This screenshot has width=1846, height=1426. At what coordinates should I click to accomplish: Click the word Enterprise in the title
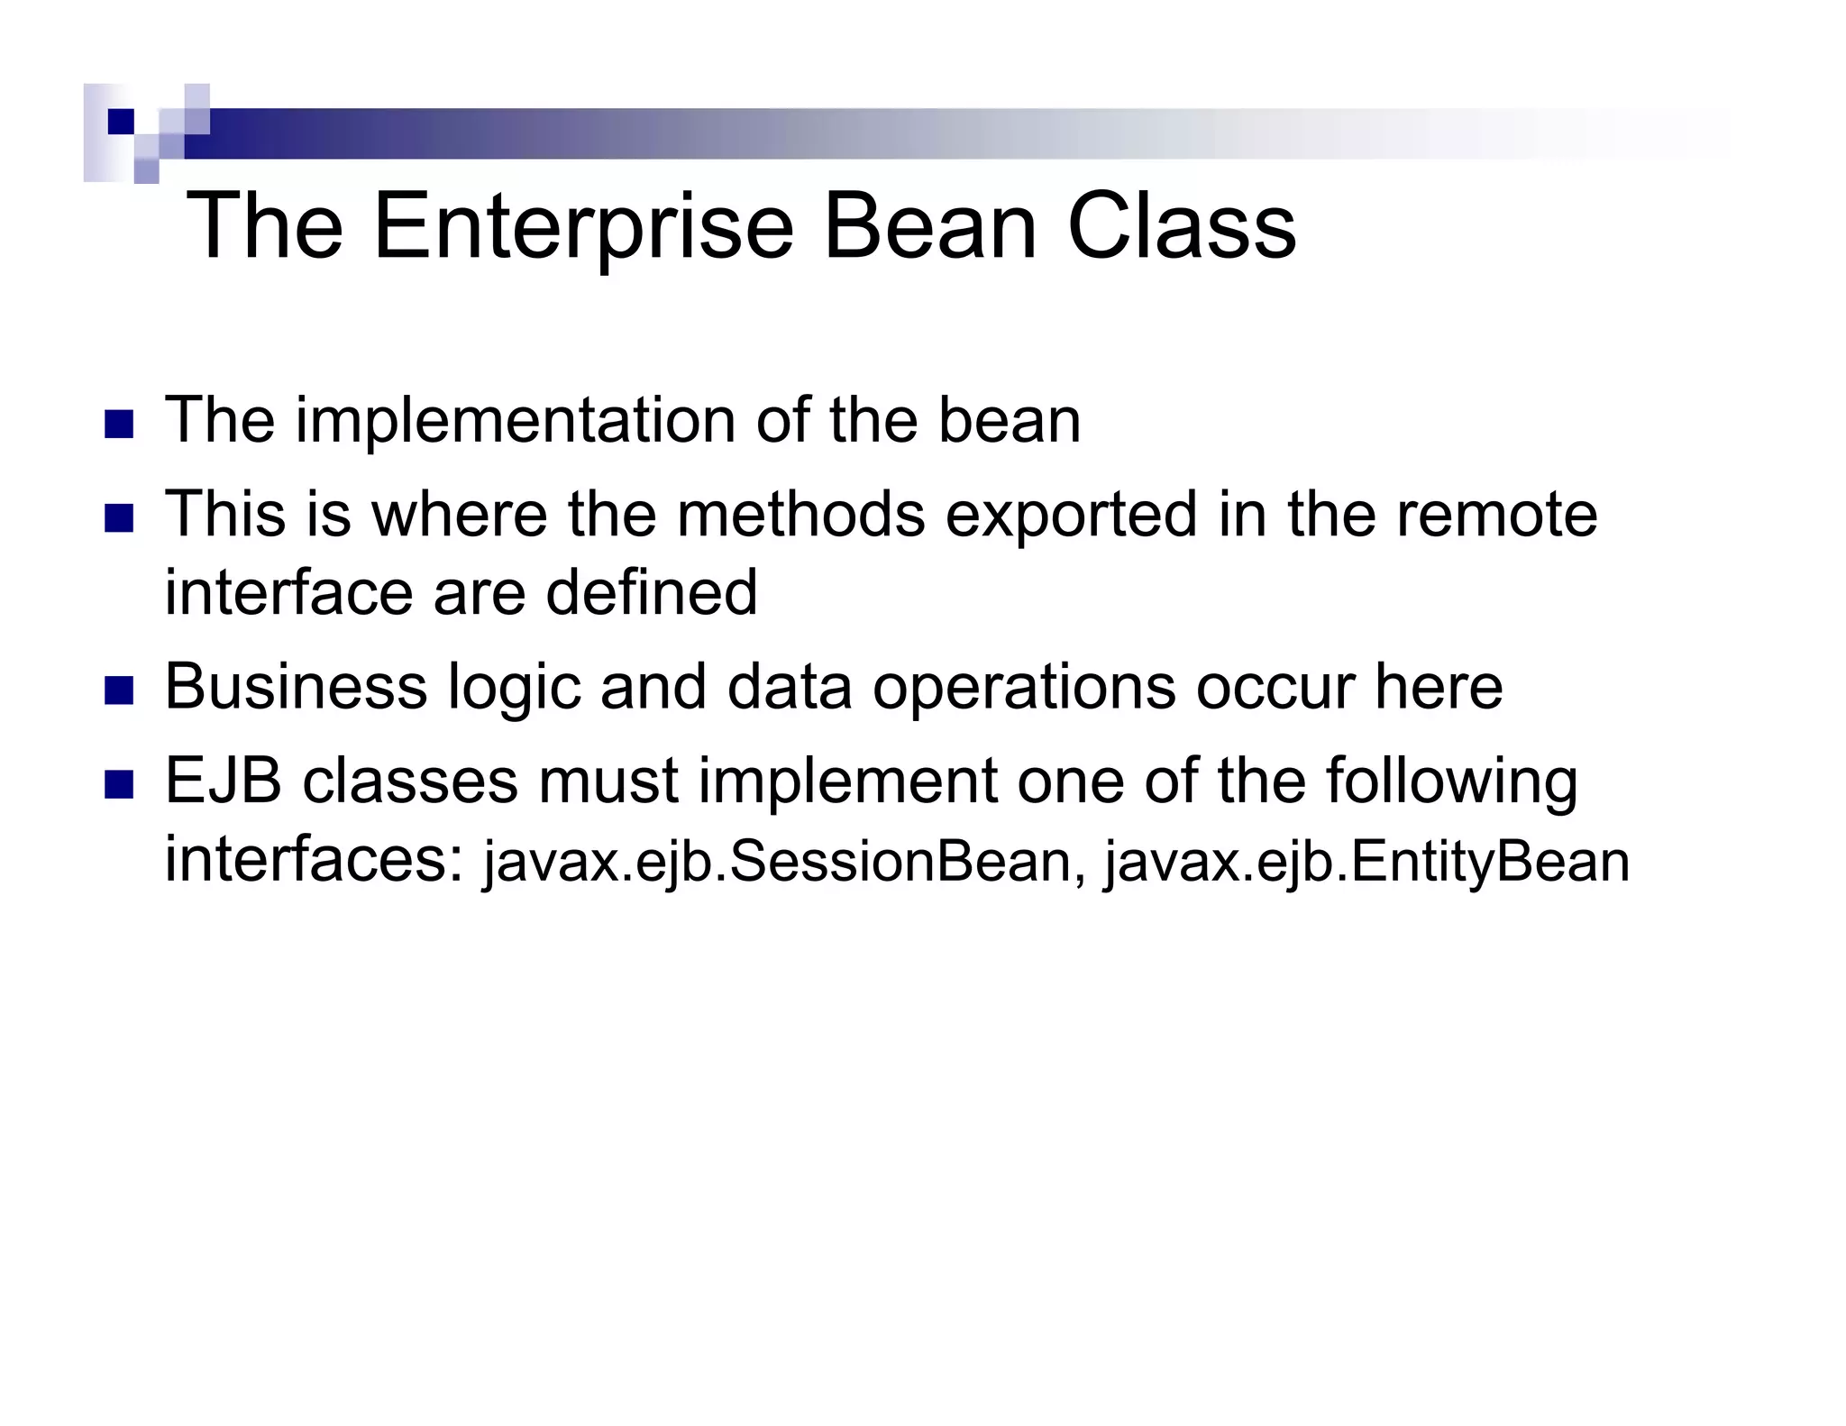click(581, 227)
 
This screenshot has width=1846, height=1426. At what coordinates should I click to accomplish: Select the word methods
click(800, 514)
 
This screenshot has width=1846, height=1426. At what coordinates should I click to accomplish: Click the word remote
click(1496, 514)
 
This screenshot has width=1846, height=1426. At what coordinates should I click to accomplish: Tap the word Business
click(295, 687)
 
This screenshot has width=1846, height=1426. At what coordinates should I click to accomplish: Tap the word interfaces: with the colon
click(315, 860)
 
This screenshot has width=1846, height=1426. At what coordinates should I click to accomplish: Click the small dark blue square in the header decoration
click(120, 121)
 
